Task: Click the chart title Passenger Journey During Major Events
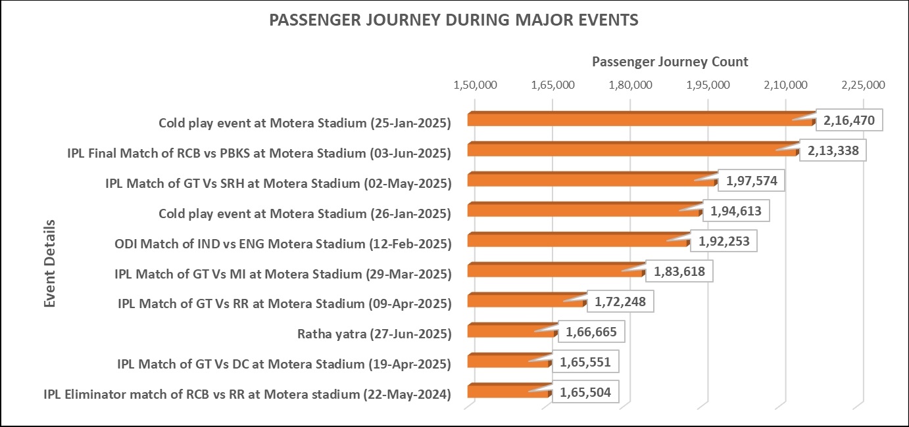(454, 20)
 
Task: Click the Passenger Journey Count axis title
(670, 62)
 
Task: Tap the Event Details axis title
(50, 263)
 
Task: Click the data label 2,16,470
(848, 121)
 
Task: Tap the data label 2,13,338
(832, 151)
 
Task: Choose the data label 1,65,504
(585, 393)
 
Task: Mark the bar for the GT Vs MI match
(556, 271)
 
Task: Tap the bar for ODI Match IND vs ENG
(578, 240)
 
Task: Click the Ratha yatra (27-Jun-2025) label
(374, 334)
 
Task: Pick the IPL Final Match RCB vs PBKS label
(259, 153)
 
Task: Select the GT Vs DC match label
(283, 364)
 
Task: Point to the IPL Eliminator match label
(247, 394)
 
